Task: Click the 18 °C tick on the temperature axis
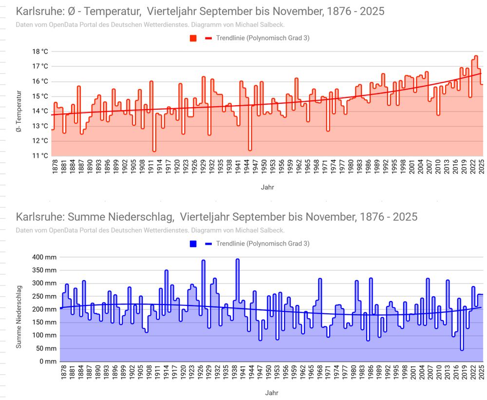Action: [40, 51]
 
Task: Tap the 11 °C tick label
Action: [40, 156]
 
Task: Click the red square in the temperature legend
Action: [193, 38]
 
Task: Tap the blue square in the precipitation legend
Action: [193, 244]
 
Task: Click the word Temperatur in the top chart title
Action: [113, 11]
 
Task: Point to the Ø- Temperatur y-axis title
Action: [19, 111]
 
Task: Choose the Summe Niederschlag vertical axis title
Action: [19, 317]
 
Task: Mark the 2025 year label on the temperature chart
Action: [481, 166]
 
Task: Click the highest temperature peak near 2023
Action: [476, 56]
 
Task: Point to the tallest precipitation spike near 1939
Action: [238, 259]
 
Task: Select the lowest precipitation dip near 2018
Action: [462, 349]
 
